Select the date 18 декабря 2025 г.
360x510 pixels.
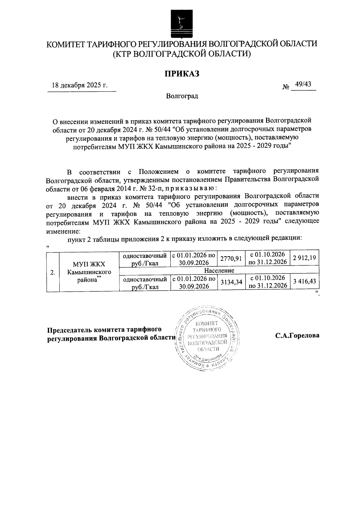pyautogui.click(x=79, y=85)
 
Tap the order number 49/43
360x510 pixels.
pyautogui.click(x=303, y=84)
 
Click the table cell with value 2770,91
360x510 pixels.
pyautogui.click(x=231, y=258)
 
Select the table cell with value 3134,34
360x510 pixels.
pyautogui.click(x=231, y=282)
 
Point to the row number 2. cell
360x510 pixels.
pyautogui.click(x=53, y=272)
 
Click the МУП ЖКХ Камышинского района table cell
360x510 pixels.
pyautogui.click(x=89, y=272)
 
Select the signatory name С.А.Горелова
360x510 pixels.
pyautogui.click(x=297, y=336)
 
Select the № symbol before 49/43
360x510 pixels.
pyautogui.click(x=286, y=87)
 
